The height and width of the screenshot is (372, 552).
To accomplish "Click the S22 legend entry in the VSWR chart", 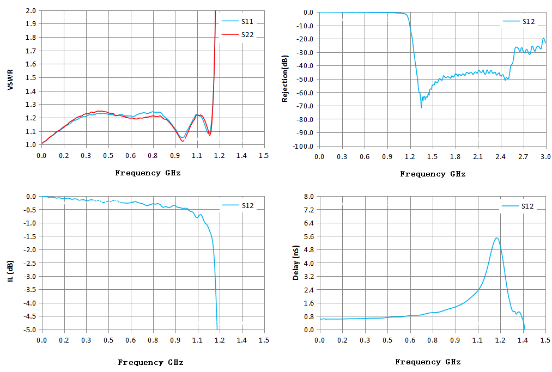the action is [x=237, y=34].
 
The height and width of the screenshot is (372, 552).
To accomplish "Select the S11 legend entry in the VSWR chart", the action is [x=237, y=21].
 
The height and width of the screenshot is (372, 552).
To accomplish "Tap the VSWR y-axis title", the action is [x=10, y=80].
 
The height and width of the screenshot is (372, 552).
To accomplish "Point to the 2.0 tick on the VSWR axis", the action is [x=31, y=10].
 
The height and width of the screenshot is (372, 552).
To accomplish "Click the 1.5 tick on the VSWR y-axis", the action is [x=31, y=77].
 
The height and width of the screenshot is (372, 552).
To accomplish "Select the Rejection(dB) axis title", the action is [x=285, y=78].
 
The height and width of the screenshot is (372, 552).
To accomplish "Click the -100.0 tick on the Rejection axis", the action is [x=304, y=146].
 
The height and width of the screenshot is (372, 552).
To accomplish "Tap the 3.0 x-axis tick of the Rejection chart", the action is [x=545, y=157].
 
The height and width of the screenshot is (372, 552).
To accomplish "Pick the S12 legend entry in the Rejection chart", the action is [x=519, y=21].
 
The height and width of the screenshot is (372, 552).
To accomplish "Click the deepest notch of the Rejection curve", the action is [x=421, y=107].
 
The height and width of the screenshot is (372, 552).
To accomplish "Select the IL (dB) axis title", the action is [x=10, y=271].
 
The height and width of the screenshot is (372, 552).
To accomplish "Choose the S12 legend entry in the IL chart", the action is [x=238, y=205].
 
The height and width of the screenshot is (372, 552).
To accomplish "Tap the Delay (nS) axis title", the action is [x=296, y=263].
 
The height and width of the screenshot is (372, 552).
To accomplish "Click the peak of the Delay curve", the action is [x=496, y=238].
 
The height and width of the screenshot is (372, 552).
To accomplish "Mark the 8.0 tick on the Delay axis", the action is [x=309, y=197].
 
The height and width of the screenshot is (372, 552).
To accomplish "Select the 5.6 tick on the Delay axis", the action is [x=309, y=236].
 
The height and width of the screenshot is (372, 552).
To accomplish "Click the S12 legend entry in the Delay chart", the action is [x=518, y=206].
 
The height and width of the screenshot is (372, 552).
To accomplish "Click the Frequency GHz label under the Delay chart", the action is [x=428, y=362].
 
